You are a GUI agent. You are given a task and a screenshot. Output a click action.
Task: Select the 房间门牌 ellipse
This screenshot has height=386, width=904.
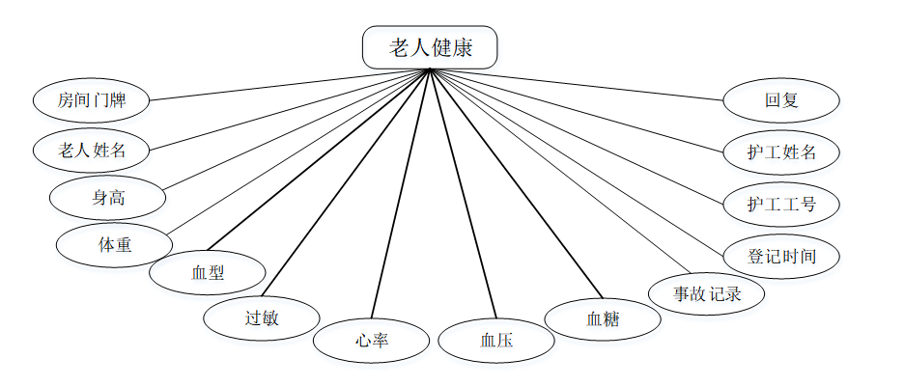tap(91, 99)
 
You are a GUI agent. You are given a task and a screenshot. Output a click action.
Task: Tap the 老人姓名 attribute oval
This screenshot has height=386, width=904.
tap(93, 150)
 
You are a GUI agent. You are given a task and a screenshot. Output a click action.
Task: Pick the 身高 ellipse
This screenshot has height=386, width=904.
tap(108, 198)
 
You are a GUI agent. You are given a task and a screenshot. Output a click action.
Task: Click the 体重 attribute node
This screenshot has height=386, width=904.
tap(114, 244)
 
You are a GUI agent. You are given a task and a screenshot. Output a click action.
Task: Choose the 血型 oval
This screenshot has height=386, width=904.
tap(207, 271)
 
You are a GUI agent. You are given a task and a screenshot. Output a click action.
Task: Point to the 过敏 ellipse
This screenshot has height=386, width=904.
tap(261, 317)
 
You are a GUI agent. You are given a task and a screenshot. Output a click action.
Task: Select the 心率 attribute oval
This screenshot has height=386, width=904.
tap(371, 340)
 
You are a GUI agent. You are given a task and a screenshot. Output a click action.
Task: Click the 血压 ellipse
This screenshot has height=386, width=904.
tap(495, 340)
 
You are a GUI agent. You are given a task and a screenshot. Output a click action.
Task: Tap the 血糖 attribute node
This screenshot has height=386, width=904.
tap(603, 318)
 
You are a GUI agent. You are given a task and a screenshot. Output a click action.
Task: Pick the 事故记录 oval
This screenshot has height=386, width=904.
tap(706, 293)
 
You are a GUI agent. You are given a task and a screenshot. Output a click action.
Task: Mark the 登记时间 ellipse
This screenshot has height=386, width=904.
tap(780, 256)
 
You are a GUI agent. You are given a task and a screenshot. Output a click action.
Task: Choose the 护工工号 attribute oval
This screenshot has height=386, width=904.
tap(780, 204)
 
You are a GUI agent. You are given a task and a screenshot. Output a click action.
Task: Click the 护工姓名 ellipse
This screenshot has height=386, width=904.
tap(780, 152)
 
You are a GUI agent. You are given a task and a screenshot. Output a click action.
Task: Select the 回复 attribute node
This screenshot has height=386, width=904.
tap(780, 99)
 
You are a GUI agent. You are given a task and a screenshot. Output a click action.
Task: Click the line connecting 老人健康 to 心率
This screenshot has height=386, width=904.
tap(399, 194)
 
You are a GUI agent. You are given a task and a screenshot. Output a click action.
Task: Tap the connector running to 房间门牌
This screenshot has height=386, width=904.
tap(290, 84)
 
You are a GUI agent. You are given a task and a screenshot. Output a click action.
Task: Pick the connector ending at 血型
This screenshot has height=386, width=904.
tap(319, 160)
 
